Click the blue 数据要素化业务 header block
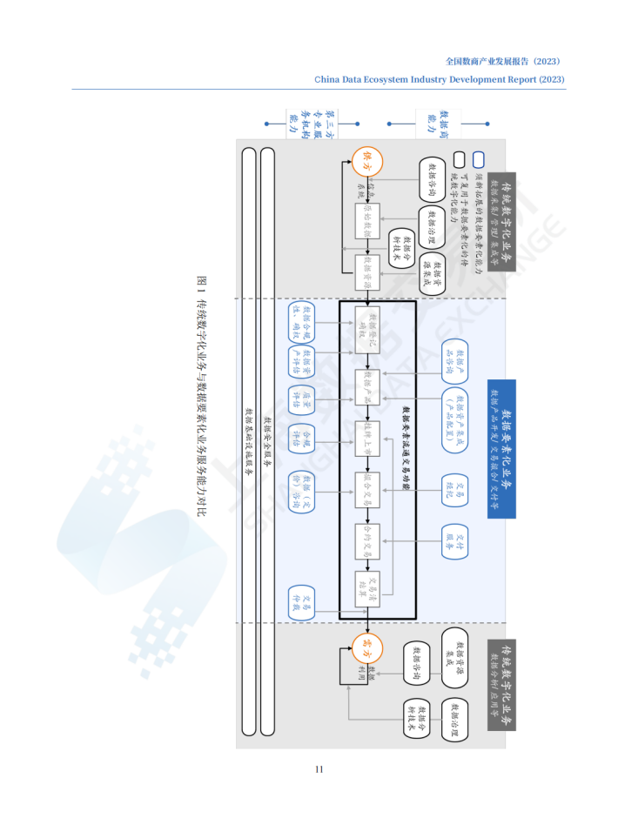pyautogui.click(x=502, y=448)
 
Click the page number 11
pyautogui.click(x=319, y=768)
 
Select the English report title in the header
pyautogui.click(x=440, y=79)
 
